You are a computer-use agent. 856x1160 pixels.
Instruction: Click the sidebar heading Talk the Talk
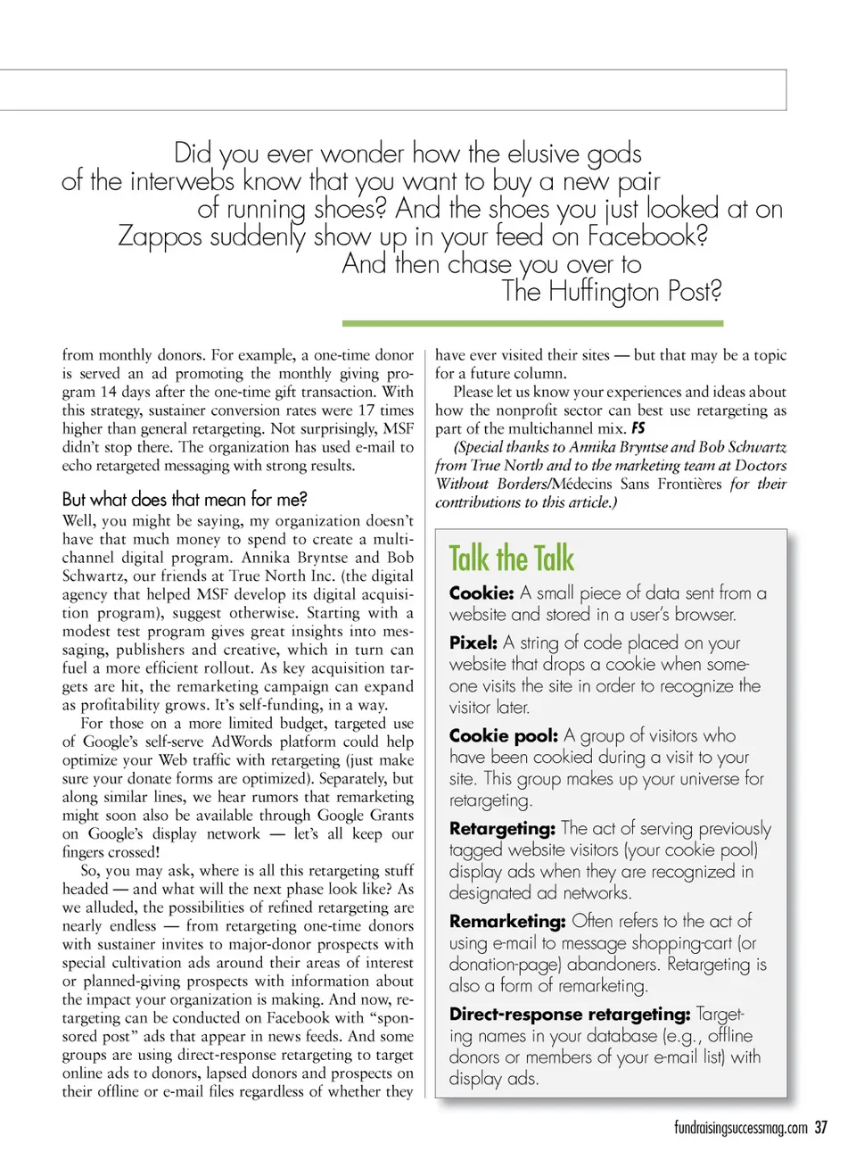[511, 559]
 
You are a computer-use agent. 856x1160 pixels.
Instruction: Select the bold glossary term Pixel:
[473, 642]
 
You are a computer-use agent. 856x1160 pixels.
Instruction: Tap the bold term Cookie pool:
[503, 735]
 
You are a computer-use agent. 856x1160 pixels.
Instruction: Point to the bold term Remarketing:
[507, 921]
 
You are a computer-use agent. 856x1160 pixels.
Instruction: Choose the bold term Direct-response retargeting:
[570, 1014]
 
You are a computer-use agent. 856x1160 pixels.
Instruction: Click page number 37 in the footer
[821, 1128]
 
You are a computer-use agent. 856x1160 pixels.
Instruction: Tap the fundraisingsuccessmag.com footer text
[740, 1128]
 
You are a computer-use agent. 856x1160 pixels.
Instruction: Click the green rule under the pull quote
[532, 323]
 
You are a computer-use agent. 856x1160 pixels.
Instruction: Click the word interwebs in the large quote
[182, 181]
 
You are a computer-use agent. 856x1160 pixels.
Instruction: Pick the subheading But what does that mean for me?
[185, 499]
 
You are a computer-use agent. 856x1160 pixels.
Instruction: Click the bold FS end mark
[638, 428]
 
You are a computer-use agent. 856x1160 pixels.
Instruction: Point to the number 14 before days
[108, 392]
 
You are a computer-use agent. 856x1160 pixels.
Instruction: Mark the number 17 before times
[366, 410]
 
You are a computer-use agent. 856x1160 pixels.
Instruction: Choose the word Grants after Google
[391, 816]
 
